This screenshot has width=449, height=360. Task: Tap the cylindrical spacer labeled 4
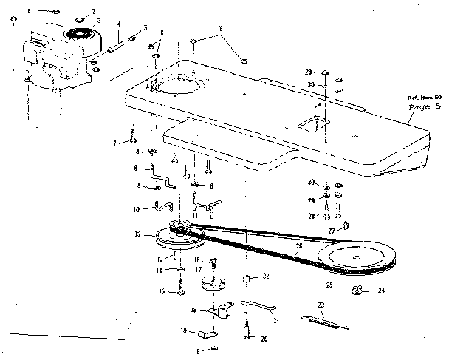[x=118, y=43]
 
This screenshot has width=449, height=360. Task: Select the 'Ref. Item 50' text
[x=423, y=97]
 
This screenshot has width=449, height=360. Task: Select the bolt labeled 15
[x=179, y=291]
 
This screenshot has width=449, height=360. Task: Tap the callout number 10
[x=135, y=210]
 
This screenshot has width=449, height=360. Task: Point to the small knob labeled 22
[x=247, y=279]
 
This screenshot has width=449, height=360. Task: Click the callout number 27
[x=332, y=231]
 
